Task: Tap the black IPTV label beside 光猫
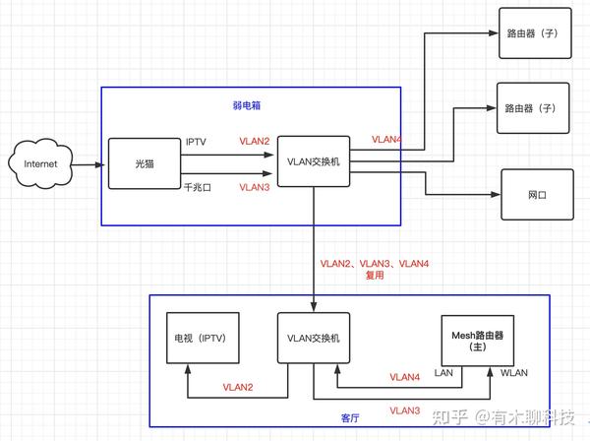196,142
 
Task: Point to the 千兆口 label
198,187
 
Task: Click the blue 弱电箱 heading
247,105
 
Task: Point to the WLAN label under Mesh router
514,373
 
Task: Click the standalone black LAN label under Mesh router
443,373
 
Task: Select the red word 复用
375,276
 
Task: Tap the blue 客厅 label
350,418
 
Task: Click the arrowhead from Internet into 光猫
99,164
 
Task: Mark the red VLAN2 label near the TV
238,387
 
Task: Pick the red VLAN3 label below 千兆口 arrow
255,187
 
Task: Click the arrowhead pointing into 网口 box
496,195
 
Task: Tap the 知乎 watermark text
449,417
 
